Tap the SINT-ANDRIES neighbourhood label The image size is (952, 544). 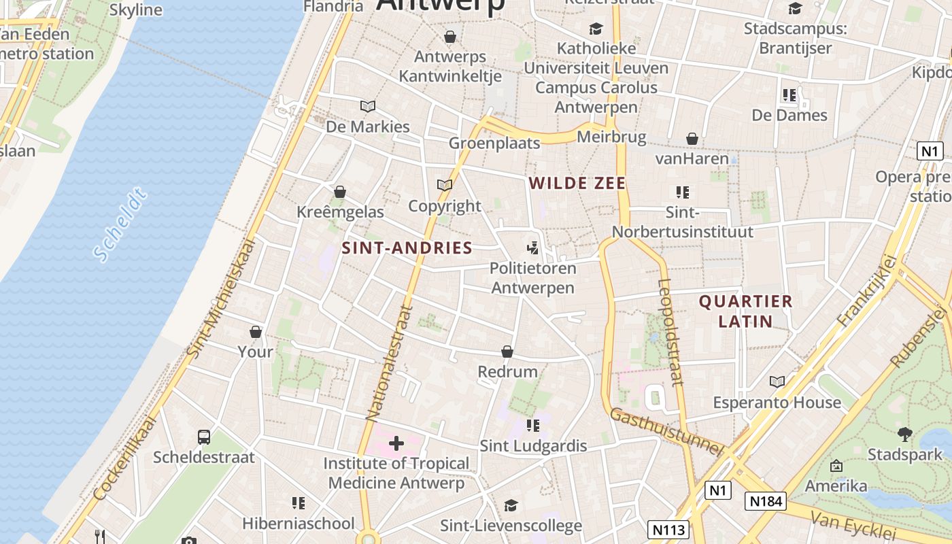(407, 248)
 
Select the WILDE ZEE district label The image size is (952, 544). (577, 183)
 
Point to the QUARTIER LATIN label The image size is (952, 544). (746, 311)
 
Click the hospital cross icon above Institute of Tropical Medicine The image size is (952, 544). (396, 444)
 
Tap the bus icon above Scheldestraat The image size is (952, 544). (203, 437)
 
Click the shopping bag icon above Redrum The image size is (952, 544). (507, 352)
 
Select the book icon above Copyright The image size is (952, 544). (445, 185)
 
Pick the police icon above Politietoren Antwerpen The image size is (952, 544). (533, 248)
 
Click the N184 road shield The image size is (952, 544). (766, 502)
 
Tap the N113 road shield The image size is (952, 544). (669, 529)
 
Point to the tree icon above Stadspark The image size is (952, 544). (904, 434)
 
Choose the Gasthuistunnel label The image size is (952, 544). (666, 432)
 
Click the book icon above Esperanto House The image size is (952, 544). (777, 382)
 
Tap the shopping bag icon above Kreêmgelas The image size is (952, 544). (340, 192)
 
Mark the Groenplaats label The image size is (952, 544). (494, 143)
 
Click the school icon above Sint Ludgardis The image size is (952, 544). (533, 426)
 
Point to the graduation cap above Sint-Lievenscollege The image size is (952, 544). (511, 505)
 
